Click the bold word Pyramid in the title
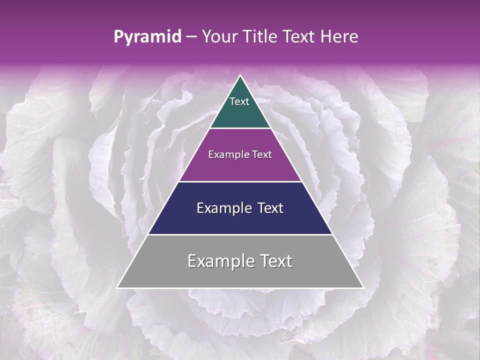click(147, 37)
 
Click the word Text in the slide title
click(299, 37)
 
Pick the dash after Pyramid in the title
click(191, 37)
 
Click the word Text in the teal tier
click(239, 101)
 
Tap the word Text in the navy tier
click(270, 208)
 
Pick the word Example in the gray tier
click(219, 261)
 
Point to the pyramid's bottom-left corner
click(117, 287)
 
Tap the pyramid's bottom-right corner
click(363, 287)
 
